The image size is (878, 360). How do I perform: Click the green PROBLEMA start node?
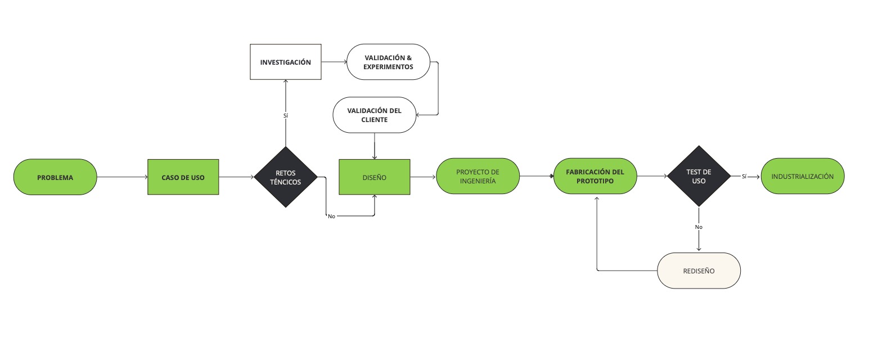[x=55, y=177]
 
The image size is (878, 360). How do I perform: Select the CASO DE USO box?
[x=183, y=177]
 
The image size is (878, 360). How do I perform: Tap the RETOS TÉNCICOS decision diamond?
[x=286, y=177]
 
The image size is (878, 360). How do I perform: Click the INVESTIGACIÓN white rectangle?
[x=285, y=62]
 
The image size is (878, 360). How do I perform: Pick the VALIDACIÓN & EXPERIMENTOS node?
[x=388, y=62]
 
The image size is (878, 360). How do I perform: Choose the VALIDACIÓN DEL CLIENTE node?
[x=375, y=115]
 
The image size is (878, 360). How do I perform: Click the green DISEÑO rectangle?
[x=374, y=177]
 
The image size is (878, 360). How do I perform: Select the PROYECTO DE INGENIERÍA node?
[x=478, y=176]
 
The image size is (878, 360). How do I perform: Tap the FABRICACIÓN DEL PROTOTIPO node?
[x=595, y=176]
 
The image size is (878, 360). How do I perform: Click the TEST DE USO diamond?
[x=699, y=177]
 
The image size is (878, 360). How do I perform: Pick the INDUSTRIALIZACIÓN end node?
[x=802, y=176]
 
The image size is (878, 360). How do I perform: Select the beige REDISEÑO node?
[x=699, y=271]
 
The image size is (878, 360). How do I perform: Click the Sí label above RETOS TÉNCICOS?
[x=286, y=115]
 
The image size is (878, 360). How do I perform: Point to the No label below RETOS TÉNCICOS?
[x=331, y=216]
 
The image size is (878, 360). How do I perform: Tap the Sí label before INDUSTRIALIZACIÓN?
[x=744, y=176]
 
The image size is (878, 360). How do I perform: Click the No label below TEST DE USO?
[x=699, y=227]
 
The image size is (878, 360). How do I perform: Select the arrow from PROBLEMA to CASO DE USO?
[x=122, y=177]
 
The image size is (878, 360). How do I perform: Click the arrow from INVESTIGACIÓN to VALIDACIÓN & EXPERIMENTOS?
[x=334, y=62]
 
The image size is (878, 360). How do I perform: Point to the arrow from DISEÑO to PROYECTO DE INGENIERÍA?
[x=423, y=177]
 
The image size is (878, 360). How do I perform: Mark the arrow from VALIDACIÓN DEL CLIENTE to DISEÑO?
[x=375, y=146]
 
